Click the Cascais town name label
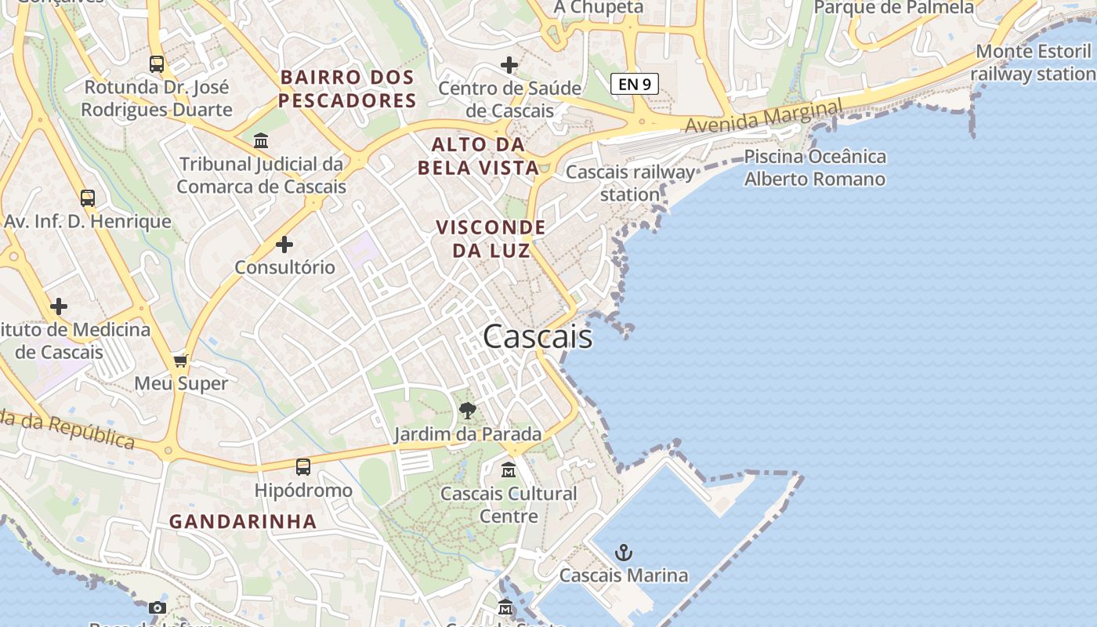pyautogui.click(x=538, y=337)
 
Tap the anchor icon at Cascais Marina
pyautogui.click(x=623, y=553)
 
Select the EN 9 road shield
pyautogui.click(x=634, y=84)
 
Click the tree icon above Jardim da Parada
pyautogui.click(x=468, y=410)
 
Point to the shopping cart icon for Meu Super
pyautogui.click(x=181, y=361)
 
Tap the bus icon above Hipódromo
pyautogui.click(x=303, y=467)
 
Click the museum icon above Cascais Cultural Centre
pyautogui.click(x=509, y=470)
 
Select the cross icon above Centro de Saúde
pyautogui.click(x=509, y=64)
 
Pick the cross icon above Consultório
pyautogui.click(x=284, y=245)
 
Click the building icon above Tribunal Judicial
pyautogui.click(x=261, y=141)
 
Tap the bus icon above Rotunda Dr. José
pyautogui.click(x=157, y=63)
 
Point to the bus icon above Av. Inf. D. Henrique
pyautogui.click(x=88, y=198)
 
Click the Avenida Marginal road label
pyautogui.click(x=764, y=116)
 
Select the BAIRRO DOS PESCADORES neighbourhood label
pyautogui.click(x=347, y=89)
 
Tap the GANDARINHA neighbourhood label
pyautogui.click(x=243, y=521)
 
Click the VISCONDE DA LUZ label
pyautogui.click(x=491, y=238)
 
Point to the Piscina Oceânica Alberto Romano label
pyautogui.click(x=815, y=168)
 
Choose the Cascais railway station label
pyautogui.click(x=630, y=183)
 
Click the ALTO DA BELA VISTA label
pyautogui.click(x=478, y=155)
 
